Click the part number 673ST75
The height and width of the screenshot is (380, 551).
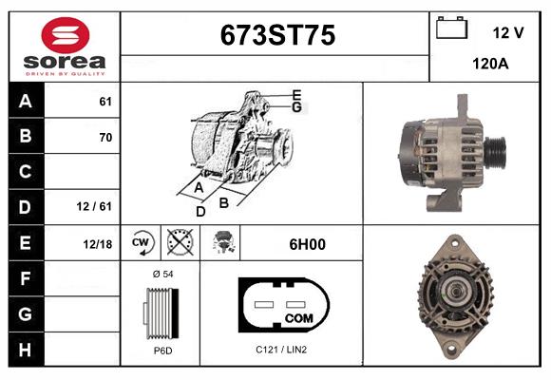point(276,35)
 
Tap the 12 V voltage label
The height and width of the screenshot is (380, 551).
point(508,33)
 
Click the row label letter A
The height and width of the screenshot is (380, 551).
point(25,102)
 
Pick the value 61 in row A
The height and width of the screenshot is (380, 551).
point(105,102)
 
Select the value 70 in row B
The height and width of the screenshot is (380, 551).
point(105,137)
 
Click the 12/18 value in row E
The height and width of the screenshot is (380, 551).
point(98,244)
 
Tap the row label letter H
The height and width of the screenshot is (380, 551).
point(25,349)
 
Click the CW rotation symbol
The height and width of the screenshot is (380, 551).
point(141,243)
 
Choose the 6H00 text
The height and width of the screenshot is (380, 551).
point(306,244)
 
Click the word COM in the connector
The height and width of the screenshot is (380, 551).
point(298,316)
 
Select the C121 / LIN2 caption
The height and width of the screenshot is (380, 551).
point(281,350)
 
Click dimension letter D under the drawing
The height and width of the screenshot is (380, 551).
point(200,211)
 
